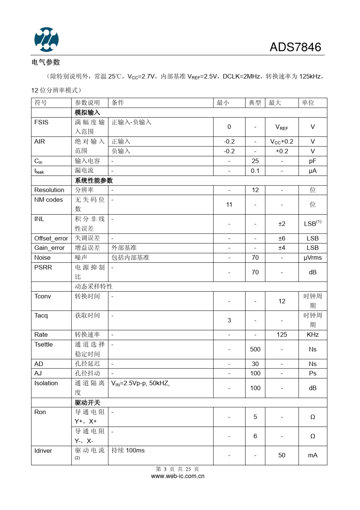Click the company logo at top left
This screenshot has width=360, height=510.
(46, 39)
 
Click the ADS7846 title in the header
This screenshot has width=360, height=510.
(295, 47)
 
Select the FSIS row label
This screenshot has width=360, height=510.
(41, 122)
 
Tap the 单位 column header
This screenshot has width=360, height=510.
(308, 103)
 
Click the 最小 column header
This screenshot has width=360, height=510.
(223, 103)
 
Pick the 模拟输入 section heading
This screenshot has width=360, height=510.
(88, 113)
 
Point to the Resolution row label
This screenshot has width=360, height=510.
(49, 190)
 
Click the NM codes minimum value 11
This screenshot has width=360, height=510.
(229, 205)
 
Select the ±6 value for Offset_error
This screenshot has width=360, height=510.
(282, 239)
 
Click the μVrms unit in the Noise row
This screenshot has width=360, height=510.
(312, 258)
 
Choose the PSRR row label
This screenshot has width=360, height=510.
(43, 268)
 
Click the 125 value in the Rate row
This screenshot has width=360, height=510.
(282, 335)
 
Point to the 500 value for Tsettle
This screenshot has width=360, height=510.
(255, 350)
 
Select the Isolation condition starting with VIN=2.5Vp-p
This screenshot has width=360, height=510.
(141, 383)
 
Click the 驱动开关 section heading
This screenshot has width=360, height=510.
(88, 403)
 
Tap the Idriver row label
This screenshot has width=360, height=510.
(43, 451)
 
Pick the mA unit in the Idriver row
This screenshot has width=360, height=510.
(312, 455)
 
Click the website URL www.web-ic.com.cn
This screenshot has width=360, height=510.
(178, 476)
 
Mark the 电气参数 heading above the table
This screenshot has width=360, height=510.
(46, 62)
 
